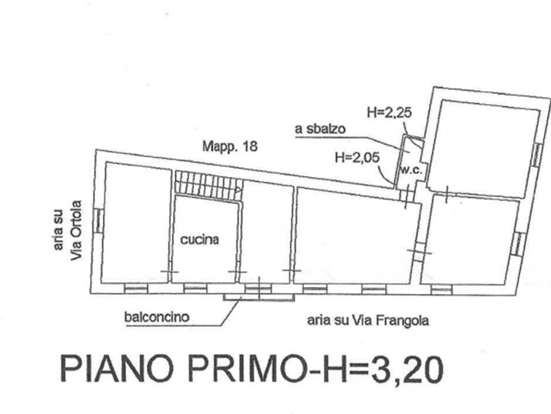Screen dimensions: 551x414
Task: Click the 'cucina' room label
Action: tap(200, 239)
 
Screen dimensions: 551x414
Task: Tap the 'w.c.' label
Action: tap(411, 170)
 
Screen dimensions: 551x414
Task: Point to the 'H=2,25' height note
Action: tap(390, 112)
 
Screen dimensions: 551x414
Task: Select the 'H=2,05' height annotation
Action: tap(357, 157)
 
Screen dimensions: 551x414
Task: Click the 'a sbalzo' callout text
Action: tap(320, 129)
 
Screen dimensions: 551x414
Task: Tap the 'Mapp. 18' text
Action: tap(230, 146)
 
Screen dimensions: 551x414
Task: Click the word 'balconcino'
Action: tap(157, 317)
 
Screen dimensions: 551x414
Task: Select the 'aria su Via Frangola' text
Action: tap(368, 320)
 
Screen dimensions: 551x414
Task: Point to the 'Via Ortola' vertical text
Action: tap(76, 230)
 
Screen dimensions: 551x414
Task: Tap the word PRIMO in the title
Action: tap(241, 369)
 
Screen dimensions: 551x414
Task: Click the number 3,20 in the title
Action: tap(407, 370)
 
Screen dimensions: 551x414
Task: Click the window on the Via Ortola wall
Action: tap(98, 221)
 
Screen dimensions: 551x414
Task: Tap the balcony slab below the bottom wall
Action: tap(259, 298)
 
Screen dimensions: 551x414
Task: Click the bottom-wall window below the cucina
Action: tap(195, 289)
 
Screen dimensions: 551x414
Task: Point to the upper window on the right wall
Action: tap(536, 155)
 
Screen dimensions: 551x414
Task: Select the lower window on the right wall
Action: tap(517, 243)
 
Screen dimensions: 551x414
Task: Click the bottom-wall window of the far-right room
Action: tap(441, 290)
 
